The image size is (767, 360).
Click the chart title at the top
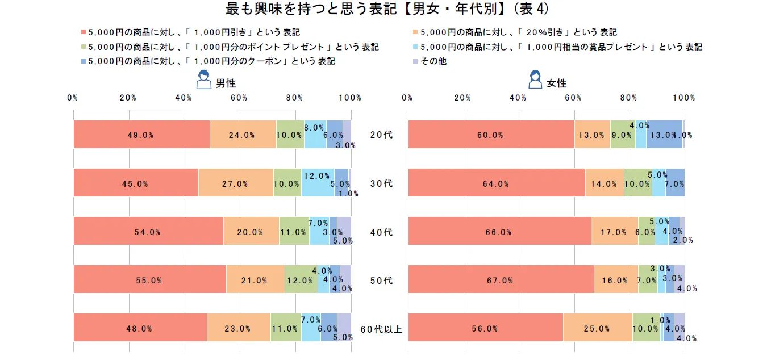383,10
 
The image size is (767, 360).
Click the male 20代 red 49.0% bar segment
141,135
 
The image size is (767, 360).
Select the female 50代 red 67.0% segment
501,279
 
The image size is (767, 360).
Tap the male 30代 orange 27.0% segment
235,183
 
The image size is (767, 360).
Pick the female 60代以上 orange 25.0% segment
598,328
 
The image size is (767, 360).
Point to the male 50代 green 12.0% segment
301,279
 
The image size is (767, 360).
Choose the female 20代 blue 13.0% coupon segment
664,135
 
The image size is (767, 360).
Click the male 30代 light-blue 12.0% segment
318,183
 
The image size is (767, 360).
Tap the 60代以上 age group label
381,329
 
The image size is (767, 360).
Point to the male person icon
203,80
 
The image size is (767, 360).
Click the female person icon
535,80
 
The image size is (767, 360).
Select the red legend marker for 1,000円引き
83,32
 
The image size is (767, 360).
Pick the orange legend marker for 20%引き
415,32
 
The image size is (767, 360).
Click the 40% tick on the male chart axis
184,98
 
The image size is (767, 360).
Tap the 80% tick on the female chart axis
628,98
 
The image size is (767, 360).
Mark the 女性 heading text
557,83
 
